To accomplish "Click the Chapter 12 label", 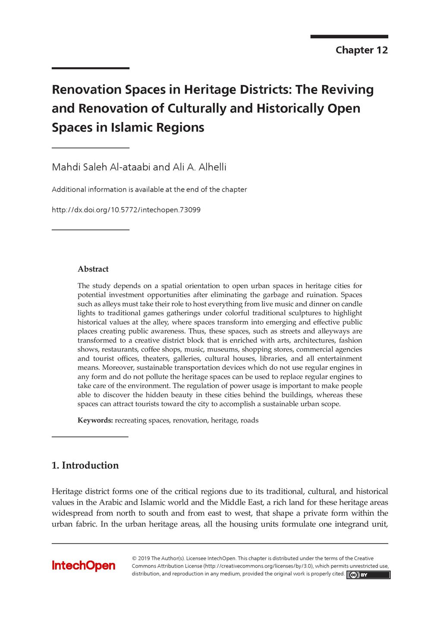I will pos(361,50).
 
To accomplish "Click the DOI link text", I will pos(126,210).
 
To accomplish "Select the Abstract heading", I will pos(93,269).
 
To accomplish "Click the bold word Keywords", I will pos(95,420).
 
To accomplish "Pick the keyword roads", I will pos(249,420).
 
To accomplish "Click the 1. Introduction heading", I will pos(85,465).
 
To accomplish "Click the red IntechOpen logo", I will pos(84,566).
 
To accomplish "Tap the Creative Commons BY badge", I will pos(368,575).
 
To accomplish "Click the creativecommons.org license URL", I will pos(258,566).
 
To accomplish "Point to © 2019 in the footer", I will pos(141,558).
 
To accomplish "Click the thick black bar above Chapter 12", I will pos(349,37).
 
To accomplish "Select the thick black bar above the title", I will pos(91,68).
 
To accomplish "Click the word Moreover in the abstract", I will pos(117,368).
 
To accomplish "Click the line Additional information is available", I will pos(149,189).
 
